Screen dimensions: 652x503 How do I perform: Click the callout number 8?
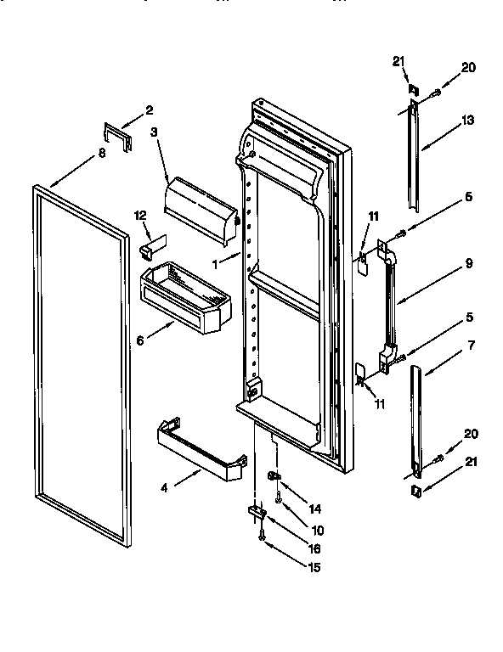click(x=101, y=154)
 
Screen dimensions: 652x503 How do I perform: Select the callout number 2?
click(x=150, y=110)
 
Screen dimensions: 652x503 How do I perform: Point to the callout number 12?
click(x=142, y=216)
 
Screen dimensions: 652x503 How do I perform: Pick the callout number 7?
click(x=467, y=346)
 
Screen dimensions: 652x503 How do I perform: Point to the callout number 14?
click(x=315, y=509)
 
